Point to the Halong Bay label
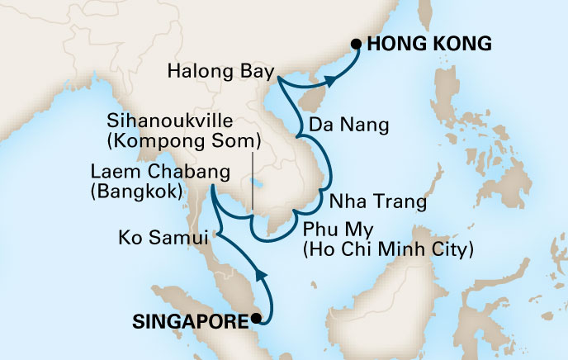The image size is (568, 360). pos(218,71)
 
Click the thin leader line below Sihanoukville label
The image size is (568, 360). pos(252,178)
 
